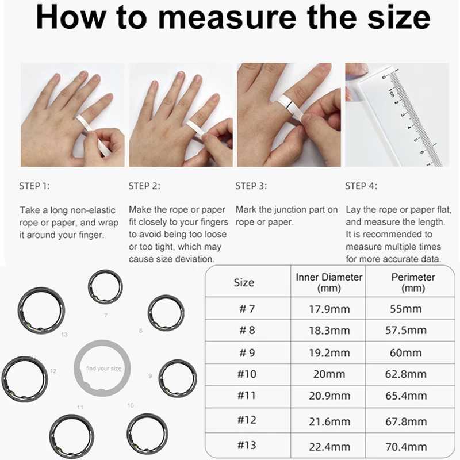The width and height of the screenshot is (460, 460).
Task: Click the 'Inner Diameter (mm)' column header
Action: point(329,282)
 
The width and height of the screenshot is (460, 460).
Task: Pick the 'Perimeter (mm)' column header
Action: point(413,282)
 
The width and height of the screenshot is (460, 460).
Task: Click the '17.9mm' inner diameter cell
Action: point(329,309)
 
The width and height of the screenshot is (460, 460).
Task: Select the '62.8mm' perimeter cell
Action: point(408,374)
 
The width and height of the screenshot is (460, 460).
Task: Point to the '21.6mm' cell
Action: point(329,421)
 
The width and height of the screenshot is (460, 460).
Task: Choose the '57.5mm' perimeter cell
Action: point(408,331)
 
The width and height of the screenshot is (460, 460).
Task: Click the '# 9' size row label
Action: point(247,353)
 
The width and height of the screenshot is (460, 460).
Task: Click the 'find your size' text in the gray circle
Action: point(103,369)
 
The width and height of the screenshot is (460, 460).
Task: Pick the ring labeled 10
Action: point(147,432)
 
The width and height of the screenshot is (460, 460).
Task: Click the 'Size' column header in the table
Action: point(244,282)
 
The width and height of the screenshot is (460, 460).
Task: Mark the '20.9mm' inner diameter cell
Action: point(329,396)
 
